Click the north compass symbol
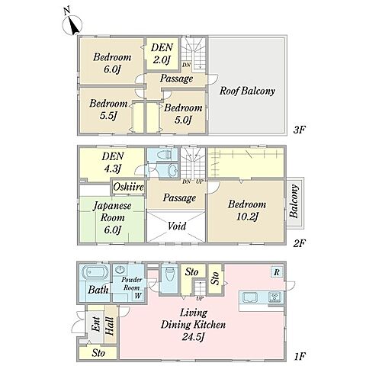click(x=72, y=24)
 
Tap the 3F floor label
click(x=299, y=130)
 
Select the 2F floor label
click(x=299, y=243)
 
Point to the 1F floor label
click(x=300, y=356)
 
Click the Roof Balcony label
click(x=247, y=91)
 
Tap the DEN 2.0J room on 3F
click(x=162, y=53)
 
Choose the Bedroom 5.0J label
click(x=183, y=114)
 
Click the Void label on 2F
click(x=177, y=226)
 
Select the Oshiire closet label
click(x=129, y=188)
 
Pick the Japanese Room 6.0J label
click(x=112, y=218)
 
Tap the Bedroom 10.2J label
click(x=247, y=210)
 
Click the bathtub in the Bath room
click(x=95, y=273)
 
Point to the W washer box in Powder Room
click(x=138, y=296)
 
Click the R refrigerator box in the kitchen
click(x=277, y=272)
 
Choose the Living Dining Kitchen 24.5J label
click(x=193, y=325)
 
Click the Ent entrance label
click(x=96, y=324)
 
